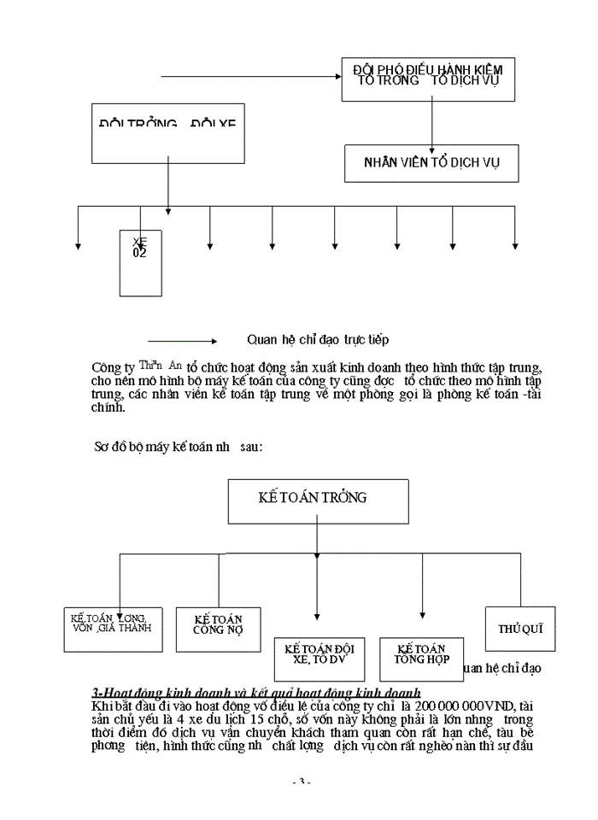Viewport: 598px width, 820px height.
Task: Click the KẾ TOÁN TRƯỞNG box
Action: click(x=317, y=500)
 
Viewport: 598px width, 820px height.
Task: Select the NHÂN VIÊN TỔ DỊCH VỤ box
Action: click(x=431, y=162)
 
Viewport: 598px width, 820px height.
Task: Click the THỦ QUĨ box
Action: click(x=519, y=629)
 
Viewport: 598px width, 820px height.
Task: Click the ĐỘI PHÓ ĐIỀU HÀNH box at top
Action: click(x=428, y=79)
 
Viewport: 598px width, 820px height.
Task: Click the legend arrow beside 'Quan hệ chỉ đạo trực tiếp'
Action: click(x=183, y=339)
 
